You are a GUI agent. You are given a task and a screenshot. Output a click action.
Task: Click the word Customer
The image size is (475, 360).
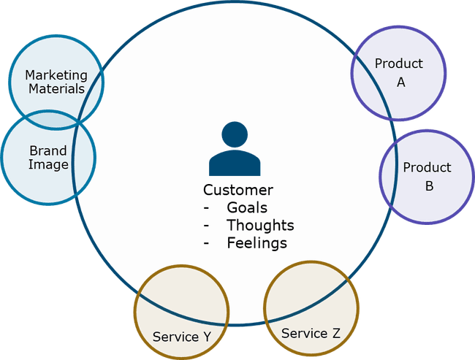click(x=238, y=191)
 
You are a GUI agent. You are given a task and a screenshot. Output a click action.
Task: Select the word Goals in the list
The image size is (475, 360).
click(x=247, y=207)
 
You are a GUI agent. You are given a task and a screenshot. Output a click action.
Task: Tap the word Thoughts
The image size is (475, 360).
click(x=260, y=225)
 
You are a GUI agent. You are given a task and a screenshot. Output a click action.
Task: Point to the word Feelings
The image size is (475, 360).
click(x=256, y=242)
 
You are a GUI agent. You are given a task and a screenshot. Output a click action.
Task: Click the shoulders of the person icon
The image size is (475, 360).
click(x=235, y=164)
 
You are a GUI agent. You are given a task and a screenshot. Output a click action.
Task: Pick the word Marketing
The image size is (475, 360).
click(x=56, y=75)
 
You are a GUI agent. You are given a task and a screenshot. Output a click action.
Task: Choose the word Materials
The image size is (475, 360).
click(x=55, y=89)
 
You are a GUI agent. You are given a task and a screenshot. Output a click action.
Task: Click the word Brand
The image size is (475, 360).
click(x=48, y=151)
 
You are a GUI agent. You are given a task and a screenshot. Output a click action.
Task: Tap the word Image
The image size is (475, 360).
click(x=48, y=165)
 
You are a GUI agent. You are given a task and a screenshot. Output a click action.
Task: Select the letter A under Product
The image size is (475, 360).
click(x=400, y=82)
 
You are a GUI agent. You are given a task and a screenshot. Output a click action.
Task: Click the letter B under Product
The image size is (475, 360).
click(x=429, y=185)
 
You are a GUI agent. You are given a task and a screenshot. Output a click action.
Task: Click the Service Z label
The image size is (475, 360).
click(x=311, y=333)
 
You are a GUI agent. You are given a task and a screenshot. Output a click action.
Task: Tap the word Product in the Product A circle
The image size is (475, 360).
click(x=398, y=64)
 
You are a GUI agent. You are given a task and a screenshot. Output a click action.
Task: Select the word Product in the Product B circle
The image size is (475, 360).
click(x=427, y=167)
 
